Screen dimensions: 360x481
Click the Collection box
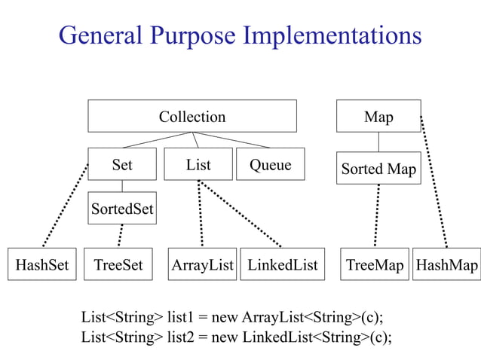tap(192, 117)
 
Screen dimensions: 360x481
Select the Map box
tap(378, 117)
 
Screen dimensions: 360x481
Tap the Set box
tap(122, 164)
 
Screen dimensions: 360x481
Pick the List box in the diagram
tap(198, 164)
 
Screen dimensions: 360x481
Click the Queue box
tap(271, 164)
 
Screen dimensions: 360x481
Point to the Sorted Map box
tap(378, 169)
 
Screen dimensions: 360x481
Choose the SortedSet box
tap(122, 209)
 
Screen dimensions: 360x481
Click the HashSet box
tap(42, 264)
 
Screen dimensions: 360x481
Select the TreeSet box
tap(118, 264)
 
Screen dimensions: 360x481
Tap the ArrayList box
tap(202, 264)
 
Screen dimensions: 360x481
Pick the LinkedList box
tap(283, 264)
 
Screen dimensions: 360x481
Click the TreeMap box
tap(375, 264)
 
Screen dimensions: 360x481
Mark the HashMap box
tap(447, 264)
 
